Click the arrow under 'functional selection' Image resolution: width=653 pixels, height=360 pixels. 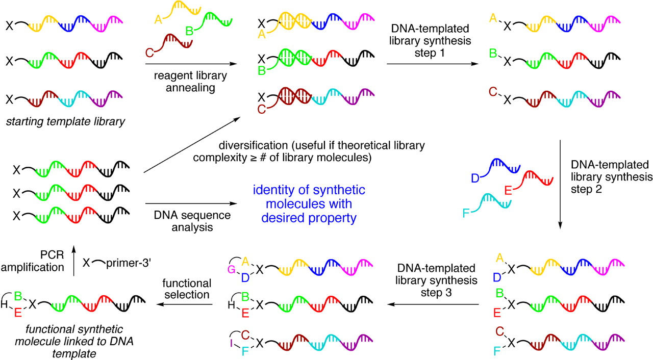(x=185, y=305)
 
